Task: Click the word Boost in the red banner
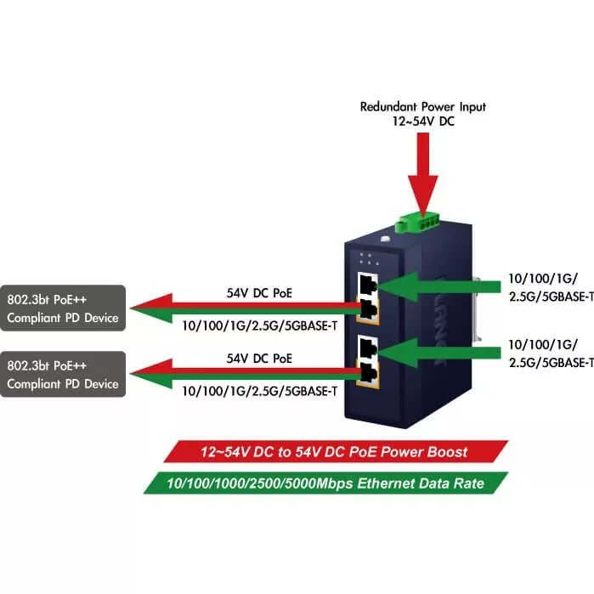coord(449,451)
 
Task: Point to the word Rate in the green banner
coord(467,484)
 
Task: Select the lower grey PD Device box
coord(62,374)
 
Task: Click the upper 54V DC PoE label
coord(259,292)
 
